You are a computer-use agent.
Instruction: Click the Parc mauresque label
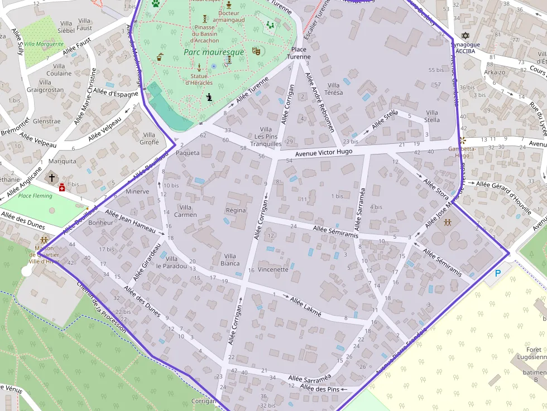[214, 52]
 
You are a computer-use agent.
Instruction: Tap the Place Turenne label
[299, 53]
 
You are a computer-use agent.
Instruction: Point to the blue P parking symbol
[498, 273]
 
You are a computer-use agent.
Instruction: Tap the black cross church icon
[52, 177]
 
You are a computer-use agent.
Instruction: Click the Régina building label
[236, 210]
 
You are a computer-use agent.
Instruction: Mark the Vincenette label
[273, 269]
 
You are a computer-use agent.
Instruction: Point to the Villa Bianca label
[230, 260]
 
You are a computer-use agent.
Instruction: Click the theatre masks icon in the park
[256, 51]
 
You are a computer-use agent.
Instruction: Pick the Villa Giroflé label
[149, 138]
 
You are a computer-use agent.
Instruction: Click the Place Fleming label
[35, 196]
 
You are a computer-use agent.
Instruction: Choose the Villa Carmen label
[185, 211]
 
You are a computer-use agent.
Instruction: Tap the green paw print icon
[155, 3]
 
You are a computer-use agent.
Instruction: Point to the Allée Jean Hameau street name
[130, 220]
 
